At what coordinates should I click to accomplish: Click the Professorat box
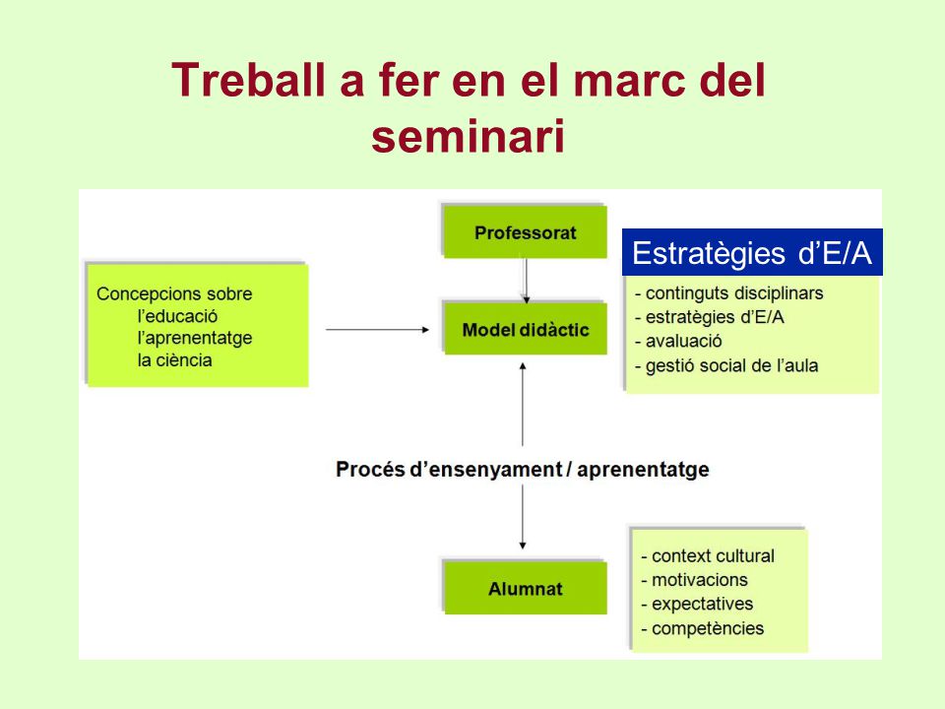525,232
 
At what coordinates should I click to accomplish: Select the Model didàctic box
525,329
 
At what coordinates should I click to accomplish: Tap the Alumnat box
525,588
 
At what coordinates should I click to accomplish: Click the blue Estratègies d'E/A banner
752,252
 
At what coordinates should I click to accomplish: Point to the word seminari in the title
468,136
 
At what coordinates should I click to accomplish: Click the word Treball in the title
248,80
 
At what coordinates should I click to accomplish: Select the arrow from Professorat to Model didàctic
526,281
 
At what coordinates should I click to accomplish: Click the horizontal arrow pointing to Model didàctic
377,330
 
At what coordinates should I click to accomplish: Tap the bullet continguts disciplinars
728,293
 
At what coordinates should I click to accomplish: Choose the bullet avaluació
678,342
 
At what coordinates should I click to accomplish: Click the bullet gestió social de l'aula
726,365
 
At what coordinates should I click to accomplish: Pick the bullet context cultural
708,555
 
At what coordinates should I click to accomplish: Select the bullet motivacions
694,580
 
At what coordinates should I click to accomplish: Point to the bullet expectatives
697,604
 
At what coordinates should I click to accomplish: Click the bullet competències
702,628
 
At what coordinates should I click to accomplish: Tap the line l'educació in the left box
177,316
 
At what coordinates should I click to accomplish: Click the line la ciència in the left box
175,360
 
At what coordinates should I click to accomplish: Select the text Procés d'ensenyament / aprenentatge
523,469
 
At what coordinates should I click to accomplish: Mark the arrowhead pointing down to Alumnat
523,546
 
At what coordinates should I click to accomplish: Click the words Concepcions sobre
174,293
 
